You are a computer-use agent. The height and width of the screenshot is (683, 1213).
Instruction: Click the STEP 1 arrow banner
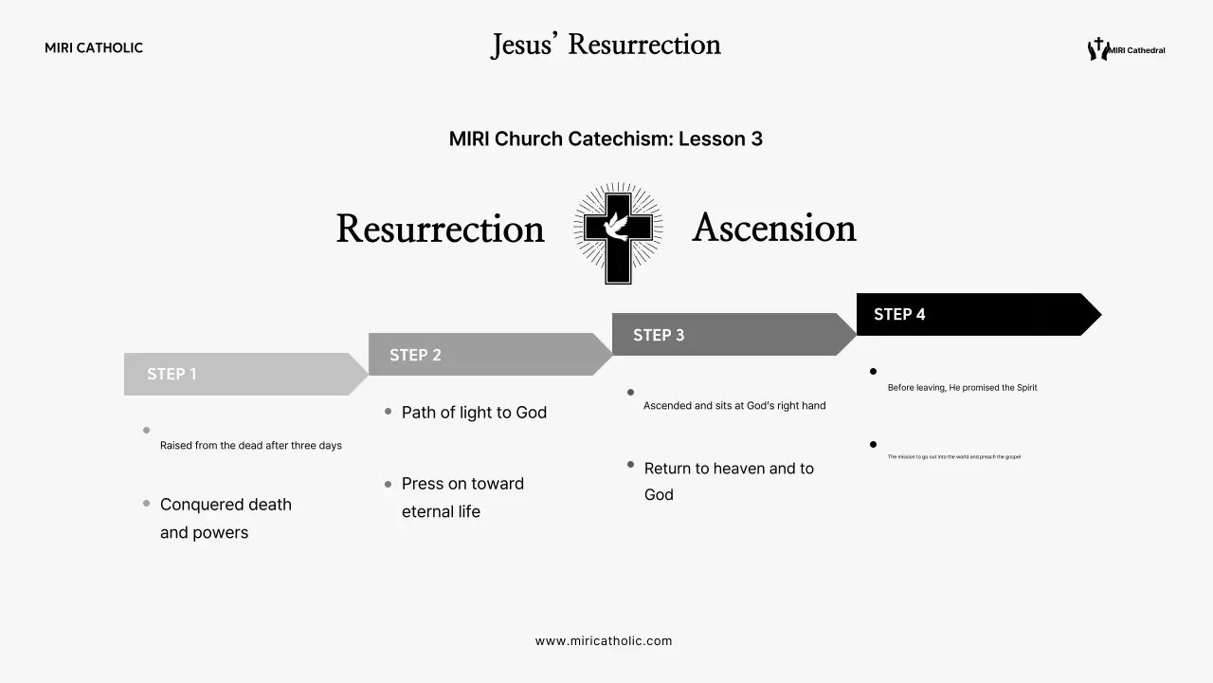pos(242,374)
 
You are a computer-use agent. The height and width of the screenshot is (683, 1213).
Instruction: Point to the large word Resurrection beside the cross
pos(440,230)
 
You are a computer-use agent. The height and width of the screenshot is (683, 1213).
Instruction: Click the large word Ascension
pos(773,228)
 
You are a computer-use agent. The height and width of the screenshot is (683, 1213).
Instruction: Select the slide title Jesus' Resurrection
pos(606,45)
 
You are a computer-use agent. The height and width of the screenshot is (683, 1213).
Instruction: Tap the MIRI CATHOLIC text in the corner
pos(94,48)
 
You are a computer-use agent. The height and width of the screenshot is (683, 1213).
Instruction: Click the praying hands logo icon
pos(1097,49)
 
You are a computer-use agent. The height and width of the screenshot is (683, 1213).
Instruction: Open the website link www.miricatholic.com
pos(604,641)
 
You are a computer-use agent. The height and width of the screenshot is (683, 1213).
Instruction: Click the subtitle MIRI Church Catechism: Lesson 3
pos(606,138)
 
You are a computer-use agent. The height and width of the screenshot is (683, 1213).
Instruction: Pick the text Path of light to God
pos(474,413)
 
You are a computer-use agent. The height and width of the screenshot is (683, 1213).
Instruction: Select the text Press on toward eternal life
pos(462,497)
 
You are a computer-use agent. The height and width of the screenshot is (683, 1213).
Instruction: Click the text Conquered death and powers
pos(226,518)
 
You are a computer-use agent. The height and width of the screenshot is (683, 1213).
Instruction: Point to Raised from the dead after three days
pos(251,446)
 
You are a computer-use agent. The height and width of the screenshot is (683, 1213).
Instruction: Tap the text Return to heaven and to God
pos(728,481)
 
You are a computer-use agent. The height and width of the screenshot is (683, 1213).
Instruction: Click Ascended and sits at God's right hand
pos(734,406)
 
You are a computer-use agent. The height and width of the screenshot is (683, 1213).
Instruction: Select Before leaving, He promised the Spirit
pos(962,388)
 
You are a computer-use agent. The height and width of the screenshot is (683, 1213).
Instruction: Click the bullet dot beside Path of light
pos(389,412)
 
